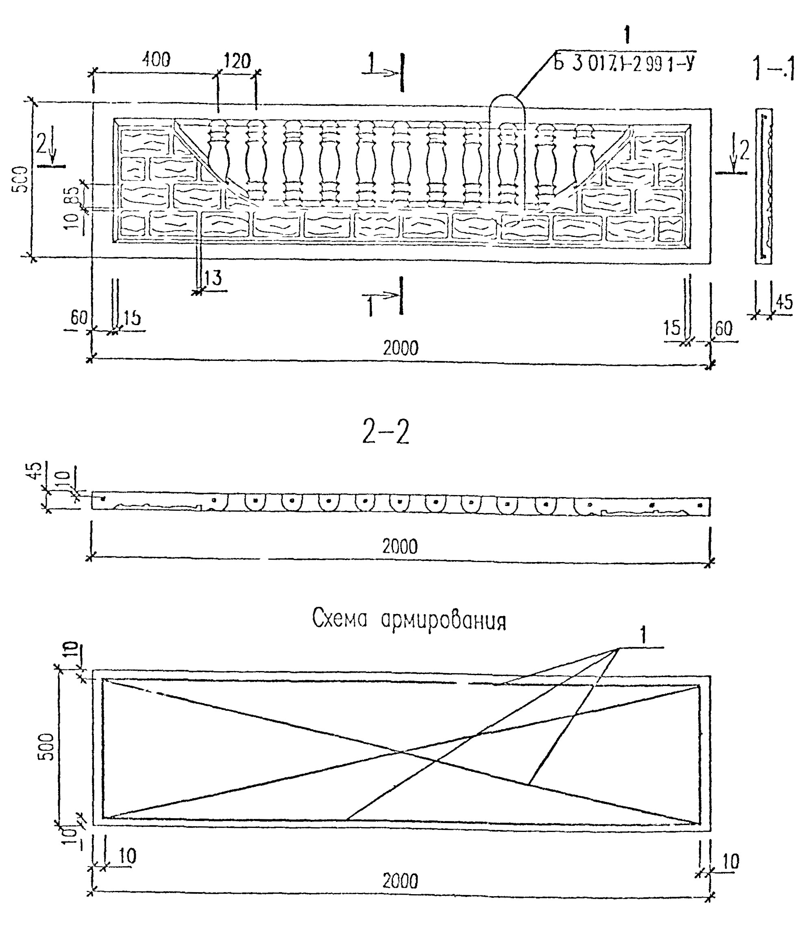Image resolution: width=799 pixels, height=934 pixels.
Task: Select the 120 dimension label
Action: pos(237,61)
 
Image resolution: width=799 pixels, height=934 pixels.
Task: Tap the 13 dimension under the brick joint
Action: pos(213,278)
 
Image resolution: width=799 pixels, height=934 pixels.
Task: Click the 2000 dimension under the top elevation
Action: pos(400,348)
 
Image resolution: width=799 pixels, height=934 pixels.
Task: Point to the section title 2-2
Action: pos(386,433)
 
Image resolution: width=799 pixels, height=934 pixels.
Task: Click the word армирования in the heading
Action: pos(443,621)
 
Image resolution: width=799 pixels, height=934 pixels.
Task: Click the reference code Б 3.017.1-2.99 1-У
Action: pos(624,63)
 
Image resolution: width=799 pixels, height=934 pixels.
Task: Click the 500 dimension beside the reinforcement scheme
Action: pos(46,747)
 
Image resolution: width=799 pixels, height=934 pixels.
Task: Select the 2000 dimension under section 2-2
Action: pos(400,547)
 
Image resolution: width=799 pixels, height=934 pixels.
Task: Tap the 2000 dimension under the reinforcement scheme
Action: pos(400,880)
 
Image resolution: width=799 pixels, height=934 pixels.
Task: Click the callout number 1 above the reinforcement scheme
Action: pos(643,636)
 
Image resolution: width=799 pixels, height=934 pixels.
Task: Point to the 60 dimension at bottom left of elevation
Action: pos(79,317)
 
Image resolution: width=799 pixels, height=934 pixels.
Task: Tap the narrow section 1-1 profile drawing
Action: pos(763,186)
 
